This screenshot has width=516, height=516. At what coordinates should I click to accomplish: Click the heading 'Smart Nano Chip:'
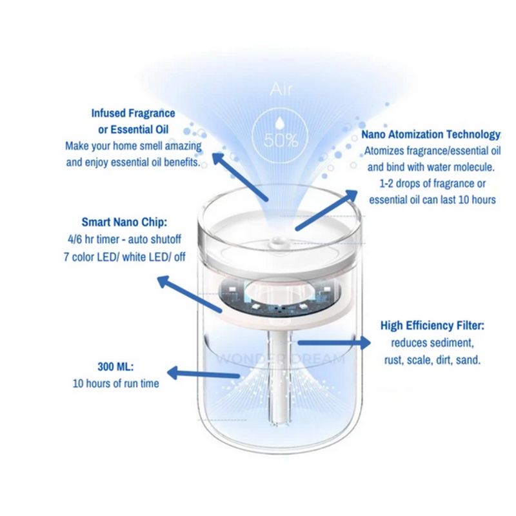coord(124,222)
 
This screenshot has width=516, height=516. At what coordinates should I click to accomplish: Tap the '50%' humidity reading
coord(281,141)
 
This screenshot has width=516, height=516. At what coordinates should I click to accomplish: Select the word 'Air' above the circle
coord(281,89)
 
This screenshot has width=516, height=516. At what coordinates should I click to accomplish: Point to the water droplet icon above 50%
coord(280,123)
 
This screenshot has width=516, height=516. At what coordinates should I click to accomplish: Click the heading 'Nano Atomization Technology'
coord(431,134)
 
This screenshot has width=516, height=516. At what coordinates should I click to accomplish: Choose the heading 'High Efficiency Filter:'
coord(432,326)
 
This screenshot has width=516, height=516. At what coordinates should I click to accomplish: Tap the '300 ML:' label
coord(116,366)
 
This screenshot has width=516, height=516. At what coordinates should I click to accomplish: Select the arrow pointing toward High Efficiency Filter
coord(333,342)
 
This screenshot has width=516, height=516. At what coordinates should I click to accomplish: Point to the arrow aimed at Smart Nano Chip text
coord(189,294)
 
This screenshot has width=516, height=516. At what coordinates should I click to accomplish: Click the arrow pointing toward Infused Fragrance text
coord(240,176)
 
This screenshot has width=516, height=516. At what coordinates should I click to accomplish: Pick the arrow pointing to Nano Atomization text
coord(326,210)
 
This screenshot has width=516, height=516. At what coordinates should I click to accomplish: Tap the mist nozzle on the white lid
coord(276,243)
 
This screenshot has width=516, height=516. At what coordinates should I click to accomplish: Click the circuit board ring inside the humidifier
coord(277,295)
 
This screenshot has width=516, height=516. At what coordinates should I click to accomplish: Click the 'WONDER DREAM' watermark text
coord(280,359)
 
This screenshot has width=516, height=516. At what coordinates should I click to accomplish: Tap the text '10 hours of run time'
coord(116,383)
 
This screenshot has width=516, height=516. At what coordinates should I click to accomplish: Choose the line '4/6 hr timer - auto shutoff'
coord(124,239)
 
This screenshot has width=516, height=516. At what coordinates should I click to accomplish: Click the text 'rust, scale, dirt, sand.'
coord(432,360)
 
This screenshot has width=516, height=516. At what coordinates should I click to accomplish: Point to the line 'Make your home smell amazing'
coord(134,146)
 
